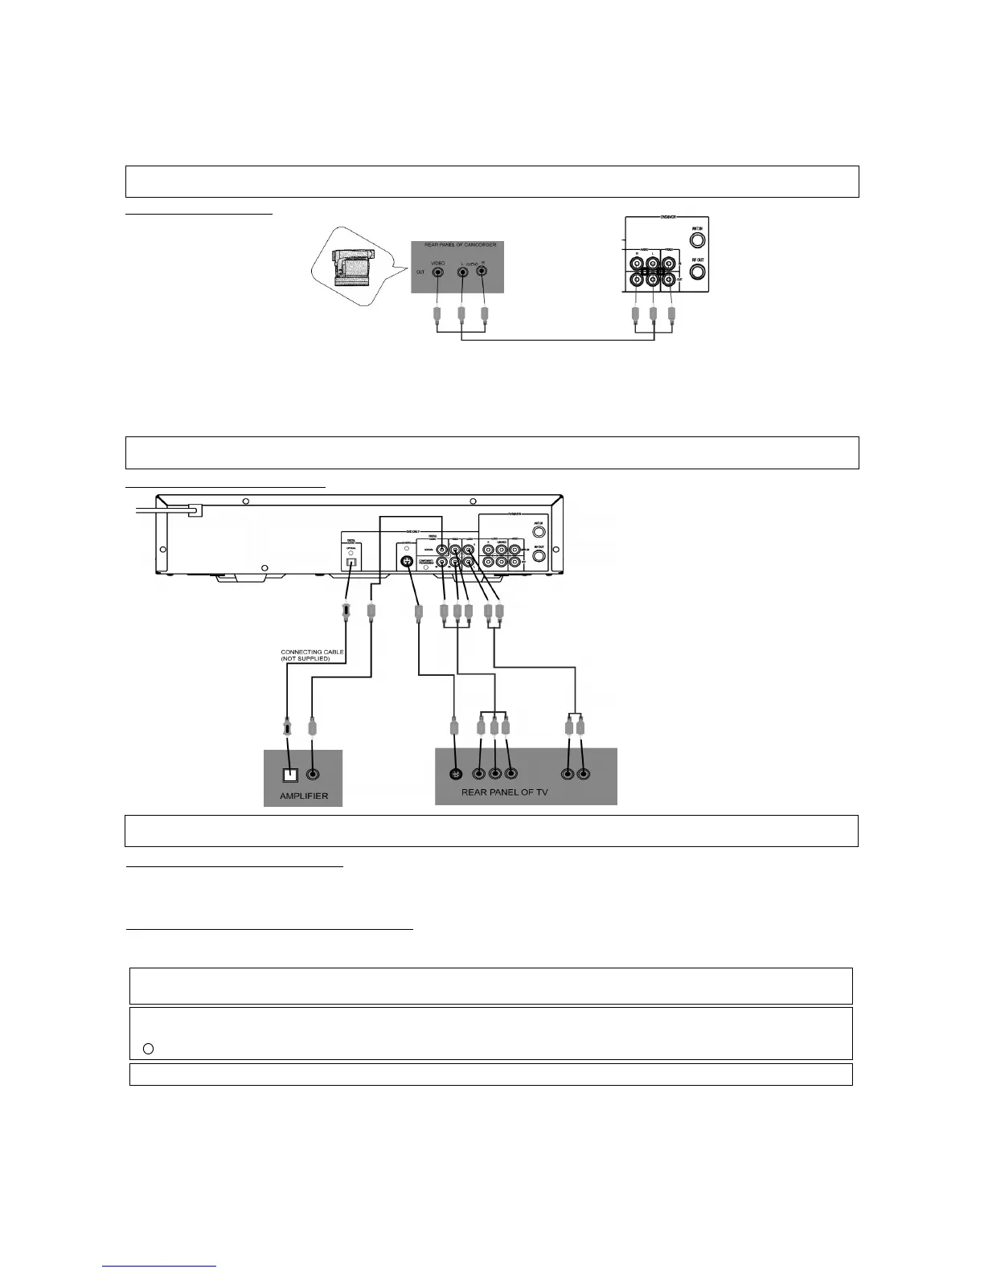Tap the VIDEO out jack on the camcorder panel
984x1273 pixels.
(437, 272)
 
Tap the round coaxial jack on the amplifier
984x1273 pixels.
(314, 776)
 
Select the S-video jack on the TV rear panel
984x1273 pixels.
(456, 775)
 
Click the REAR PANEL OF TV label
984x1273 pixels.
(503, 792)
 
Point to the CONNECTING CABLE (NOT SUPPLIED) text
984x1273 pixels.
(305, 655)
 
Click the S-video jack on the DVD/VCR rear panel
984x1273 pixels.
(408, 561)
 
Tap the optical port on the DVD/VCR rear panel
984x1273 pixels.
(351, 563)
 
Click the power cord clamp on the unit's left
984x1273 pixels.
(194, 510)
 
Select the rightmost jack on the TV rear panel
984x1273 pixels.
(584, 775)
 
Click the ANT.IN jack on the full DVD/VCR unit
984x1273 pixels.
(540, 531)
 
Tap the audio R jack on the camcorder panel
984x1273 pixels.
(482, 272)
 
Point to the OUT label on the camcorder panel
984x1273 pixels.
(420, 272)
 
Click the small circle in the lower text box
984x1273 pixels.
(148, 1048)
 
